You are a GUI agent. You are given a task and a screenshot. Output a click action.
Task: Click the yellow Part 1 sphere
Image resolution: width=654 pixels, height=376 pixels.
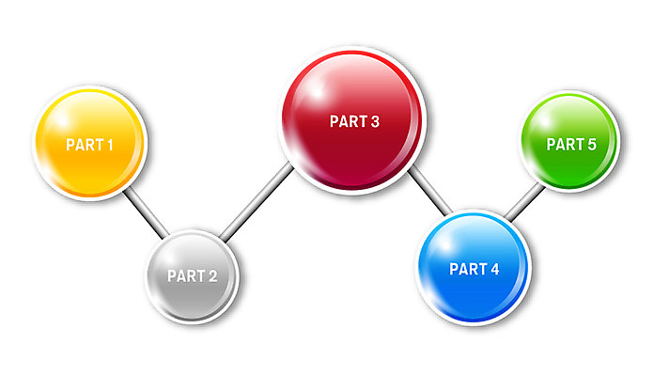(x=89, y=144)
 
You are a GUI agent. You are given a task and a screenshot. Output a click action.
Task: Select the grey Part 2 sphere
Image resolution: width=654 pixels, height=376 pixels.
(x=193, y=276)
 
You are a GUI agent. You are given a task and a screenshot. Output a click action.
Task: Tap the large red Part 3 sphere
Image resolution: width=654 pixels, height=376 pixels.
(x=353, y=122)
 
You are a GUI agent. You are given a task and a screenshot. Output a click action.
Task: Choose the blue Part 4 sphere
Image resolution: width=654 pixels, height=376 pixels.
(x=474, y=270)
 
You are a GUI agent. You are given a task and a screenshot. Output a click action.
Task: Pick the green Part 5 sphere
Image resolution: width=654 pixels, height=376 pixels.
(x=570, y=144)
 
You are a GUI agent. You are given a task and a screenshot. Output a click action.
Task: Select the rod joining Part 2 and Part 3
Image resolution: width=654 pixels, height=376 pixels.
(x=256, y=203)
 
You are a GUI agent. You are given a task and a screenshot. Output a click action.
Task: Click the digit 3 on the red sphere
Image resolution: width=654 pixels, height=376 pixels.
(x=375, y=122)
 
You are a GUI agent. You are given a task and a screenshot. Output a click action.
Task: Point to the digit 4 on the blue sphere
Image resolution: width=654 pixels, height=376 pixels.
(x=494, y=270)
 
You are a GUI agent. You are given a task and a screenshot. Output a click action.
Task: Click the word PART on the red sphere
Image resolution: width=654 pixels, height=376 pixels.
(x=347, y=122)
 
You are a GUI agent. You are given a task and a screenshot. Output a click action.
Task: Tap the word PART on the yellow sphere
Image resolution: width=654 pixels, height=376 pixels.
(x=83, y=145)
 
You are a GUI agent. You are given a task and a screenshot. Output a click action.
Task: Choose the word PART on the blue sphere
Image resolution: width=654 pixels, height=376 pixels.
(x=467, y=270)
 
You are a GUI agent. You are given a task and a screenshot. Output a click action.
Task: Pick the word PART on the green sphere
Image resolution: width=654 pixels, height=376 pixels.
(x=564, y=145)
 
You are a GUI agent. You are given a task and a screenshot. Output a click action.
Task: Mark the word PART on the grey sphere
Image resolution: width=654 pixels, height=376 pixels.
(x=185, y=276)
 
